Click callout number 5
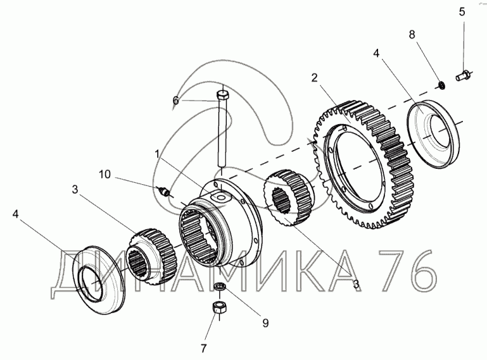(462, 12)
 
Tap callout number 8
(412, 35)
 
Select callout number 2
(315, 78)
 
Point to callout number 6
(176, 101)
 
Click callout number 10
(104, 175)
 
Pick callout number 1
(157, 154)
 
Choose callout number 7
(203, 348)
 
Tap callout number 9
(265, 323)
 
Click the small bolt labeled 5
(463, 75)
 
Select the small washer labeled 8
(441, 85)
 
